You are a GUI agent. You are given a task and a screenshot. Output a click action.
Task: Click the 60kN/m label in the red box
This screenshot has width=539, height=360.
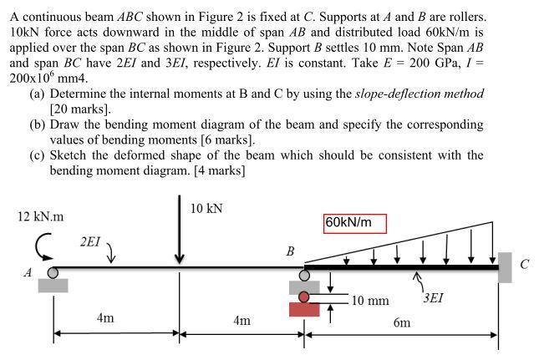click(354, 223)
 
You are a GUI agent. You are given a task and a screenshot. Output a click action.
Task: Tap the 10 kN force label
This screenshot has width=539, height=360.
click(206, 207)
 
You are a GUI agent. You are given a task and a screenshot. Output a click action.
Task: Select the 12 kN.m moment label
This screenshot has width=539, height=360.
click(40, 216)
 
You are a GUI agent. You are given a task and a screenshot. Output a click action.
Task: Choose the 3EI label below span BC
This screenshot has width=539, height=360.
click(435, 296)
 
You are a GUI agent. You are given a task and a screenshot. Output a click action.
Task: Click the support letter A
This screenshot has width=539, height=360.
click(28, 272)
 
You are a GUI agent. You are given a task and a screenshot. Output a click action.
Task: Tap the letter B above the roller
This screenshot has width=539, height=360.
click(290, 251)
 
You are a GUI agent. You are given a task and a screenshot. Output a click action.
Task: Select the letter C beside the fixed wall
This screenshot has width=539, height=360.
click(524, 266)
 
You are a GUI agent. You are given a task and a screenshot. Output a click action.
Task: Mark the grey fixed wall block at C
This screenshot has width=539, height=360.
click(504, 267)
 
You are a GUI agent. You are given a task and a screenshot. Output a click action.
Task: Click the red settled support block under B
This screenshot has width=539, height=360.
click(304, 309)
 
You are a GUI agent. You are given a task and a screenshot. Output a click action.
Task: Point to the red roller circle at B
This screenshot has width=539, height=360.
click(305, 296)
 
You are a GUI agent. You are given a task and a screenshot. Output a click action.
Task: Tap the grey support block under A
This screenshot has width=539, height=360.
click(53, 285)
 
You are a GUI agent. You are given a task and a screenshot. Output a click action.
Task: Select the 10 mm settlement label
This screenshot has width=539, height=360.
click(370, 300)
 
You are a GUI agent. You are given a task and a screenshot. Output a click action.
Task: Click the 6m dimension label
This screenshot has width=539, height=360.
click(401, 323)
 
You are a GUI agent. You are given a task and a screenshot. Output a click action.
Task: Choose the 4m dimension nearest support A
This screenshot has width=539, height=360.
click(105, 318)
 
